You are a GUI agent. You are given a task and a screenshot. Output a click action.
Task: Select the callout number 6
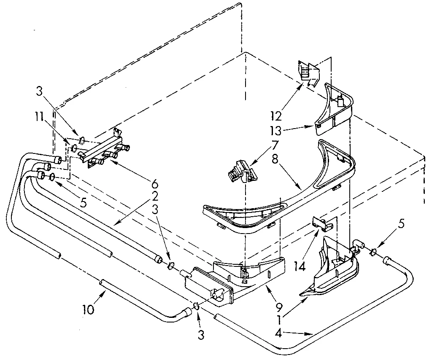tap(155, 184)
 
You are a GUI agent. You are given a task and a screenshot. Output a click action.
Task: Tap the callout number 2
tap(155, 196)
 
